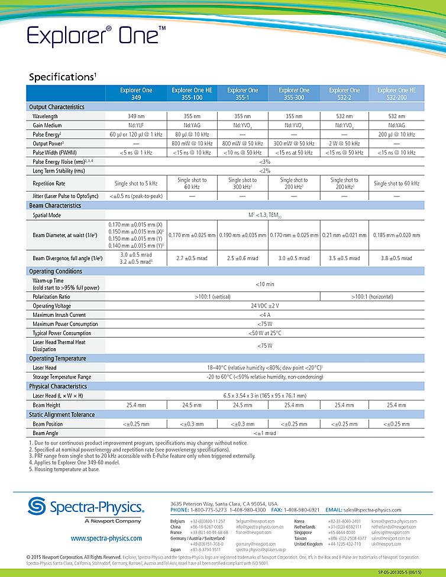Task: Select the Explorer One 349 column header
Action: pyautogui.click(x=136, y=93)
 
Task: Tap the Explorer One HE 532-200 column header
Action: pyautogui.click(x=396, y=93)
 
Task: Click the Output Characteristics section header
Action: pyautogui.click(x=57, y=107)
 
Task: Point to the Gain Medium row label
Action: pyautogui.click(x=47, y=125)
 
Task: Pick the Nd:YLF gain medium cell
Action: pyautogui.click(x=136, y=125)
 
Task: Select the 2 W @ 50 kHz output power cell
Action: pyautogui.click(x=344, y=143)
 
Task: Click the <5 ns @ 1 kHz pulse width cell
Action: pyautogui.click(x=136, y=153)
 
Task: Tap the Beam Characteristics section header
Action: pyautogui.click(x=56, y=205)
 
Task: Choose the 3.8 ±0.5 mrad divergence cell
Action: pyautogui.click(x=396, y=258)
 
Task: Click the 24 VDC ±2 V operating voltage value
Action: pyautogui.click(x=264, y=306)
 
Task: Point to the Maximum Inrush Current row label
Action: pyautogui.click(x=59, y=315)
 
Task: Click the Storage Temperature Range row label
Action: pyautogui.click(x=62, y=377)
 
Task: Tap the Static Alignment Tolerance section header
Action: pyautogui.click(x=62, y=414)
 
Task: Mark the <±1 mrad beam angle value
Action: pyautogui.click(x=264, y=433)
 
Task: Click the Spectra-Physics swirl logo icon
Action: pyautogui.click(x=38, y=506)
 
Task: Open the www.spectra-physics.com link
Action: pyautogui.click(x=106, y=539)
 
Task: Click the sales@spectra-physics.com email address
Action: pyautogui.click(x=380, y=510)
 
